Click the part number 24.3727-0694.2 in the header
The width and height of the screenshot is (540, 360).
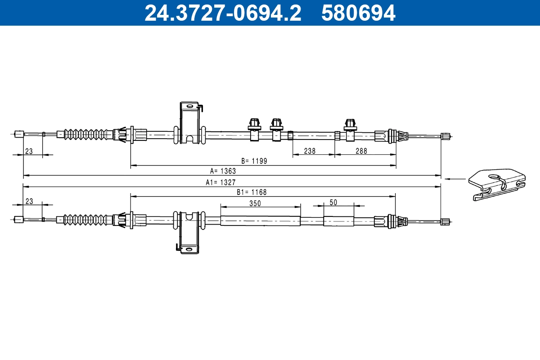click(x=222, y=13)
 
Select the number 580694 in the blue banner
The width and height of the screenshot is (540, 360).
click(x=358, y=13)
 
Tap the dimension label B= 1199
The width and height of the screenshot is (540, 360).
click(x=254, y=161)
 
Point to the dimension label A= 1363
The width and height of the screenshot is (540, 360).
click(x=223, y=171)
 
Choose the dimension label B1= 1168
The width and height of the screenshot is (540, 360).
click(x=252, y=192)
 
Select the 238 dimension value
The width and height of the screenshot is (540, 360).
click(x=310, y=151)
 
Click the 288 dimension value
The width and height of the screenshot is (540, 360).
click(x=361, y=151)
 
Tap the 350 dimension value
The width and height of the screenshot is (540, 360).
click(x=255, y=203)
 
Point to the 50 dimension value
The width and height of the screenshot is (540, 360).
click(x=333, y=202)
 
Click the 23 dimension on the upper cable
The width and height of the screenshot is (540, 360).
click(x=29, y=151)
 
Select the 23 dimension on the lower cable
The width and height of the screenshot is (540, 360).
click(x=29, y=202)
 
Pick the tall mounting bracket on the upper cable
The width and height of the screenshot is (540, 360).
click(x=189, y=122)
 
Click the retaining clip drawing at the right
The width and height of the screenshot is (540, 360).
click(x=497, y=183)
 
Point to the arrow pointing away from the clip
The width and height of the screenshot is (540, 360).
click(x=455, y=179)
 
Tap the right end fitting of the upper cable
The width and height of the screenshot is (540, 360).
click(x=445, y=136)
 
